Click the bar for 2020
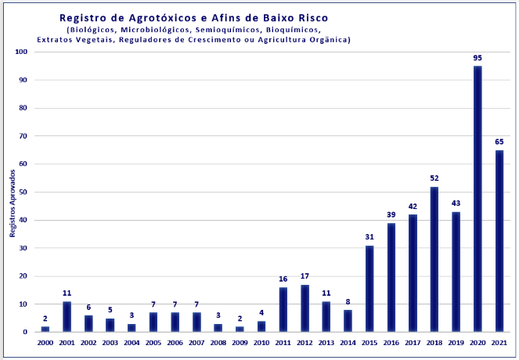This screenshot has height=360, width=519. [478, 199]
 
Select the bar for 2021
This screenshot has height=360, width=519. [499, 241]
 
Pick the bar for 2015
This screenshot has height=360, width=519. [369, 288]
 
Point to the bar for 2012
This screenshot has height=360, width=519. [305, 308]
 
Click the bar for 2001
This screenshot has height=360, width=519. [67, 316]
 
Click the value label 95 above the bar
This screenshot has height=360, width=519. [478, 58]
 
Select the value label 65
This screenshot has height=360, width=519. [499, 142]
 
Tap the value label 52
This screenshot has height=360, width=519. [434, 178]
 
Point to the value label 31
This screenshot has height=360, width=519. [369, 237]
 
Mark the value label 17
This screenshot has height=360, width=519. [305, 276]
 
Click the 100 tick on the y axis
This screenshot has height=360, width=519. [21, 52]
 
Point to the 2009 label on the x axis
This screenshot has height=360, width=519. [240, 342]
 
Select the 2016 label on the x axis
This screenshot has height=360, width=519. [391, 342]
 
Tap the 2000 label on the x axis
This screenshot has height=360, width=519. [45, 342]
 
